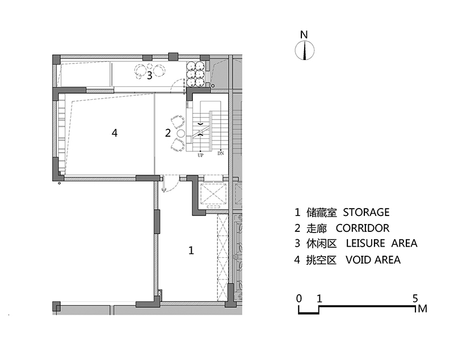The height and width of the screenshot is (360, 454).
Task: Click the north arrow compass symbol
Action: (x=304, y=50)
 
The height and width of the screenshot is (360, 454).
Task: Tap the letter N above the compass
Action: (x=304, y=35)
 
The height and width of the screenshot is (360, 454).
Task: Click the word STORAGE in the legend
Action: (x=366, y=212)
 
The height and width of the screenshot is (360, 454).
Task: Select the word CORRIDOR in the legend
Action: (x=363, y=228)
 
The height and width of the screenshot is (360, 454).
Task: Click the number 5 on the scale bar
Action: (x=415, y=298)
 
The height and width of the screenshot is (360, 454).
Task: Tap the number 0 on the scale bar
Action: (x=299, y=298)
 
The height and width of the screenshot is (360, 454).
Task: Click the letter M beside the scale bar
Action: (x=423, y=309)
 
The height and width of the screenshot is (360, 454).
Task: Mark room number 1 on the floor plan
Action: (x=191, y=251)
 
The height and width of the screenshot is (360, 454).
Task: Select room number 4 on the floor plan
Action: (x=115, y=133)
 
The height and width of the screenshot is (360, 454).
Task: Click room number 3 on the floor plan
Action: (x=149, y=75)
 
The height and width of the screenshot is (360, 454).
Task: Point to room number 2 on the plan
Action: (x=168, y=133)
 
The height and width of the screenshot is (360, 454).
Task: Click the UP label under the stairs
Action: (x=200, y=155)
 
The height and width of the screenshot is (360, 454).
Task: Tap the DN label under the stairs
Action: (x=221, y=153)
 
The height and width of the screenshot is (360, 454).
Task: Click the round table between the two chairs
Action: (x=180, y=134)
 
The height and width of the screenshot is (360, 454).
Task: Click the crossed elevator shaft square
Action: (x=213, y=193)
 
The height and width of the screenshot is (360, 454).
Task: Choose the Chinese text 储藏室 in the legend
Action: (x=322, y=213)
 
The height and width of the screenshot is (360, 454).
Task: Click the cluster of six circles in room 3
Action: (x=195, y=74)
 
